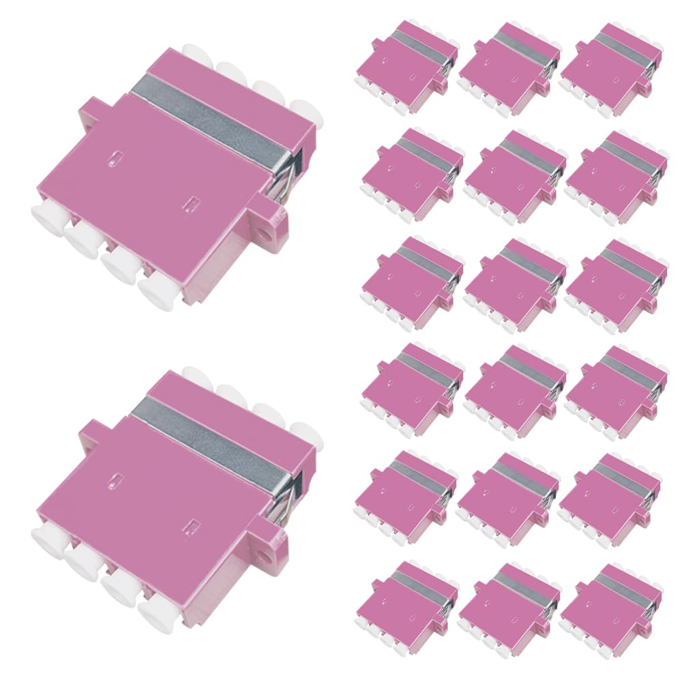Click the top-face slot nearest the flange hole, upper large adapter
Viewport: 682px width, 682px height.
coord(193,203)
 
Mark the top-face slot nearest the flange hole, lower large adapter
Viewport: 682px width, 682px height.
coord(193,524)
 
